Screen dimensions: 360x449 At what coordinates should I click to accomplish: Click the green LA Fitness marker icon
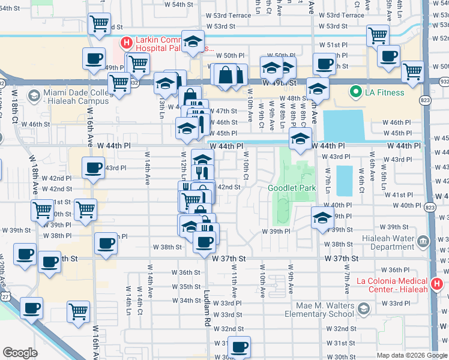pyautogui.click(x=355, y=92)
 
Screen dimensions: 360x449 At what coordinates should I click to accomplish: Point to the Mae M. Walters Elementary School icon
pyautogui.click(x=363, y=308)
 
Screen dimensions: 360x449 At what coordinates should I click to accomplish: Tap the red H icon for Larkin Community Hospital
pyautogui.click(x=126, y=42)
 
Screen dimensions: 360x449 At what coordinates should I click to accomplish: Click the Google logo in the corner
pyautogui.click(x=20, y=353)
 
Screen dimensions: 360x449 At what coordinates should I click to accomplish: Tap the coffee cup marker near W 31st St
pyautogui.click(x=239, y=346)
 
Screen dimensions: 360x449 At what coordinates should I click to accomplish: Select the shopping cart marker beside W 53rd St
pyautogui.click(x=99, y=23)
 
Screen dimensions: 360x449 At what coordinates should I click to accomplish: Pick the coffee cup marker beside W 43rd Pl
pyautogui.click(x=93, y=168)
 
